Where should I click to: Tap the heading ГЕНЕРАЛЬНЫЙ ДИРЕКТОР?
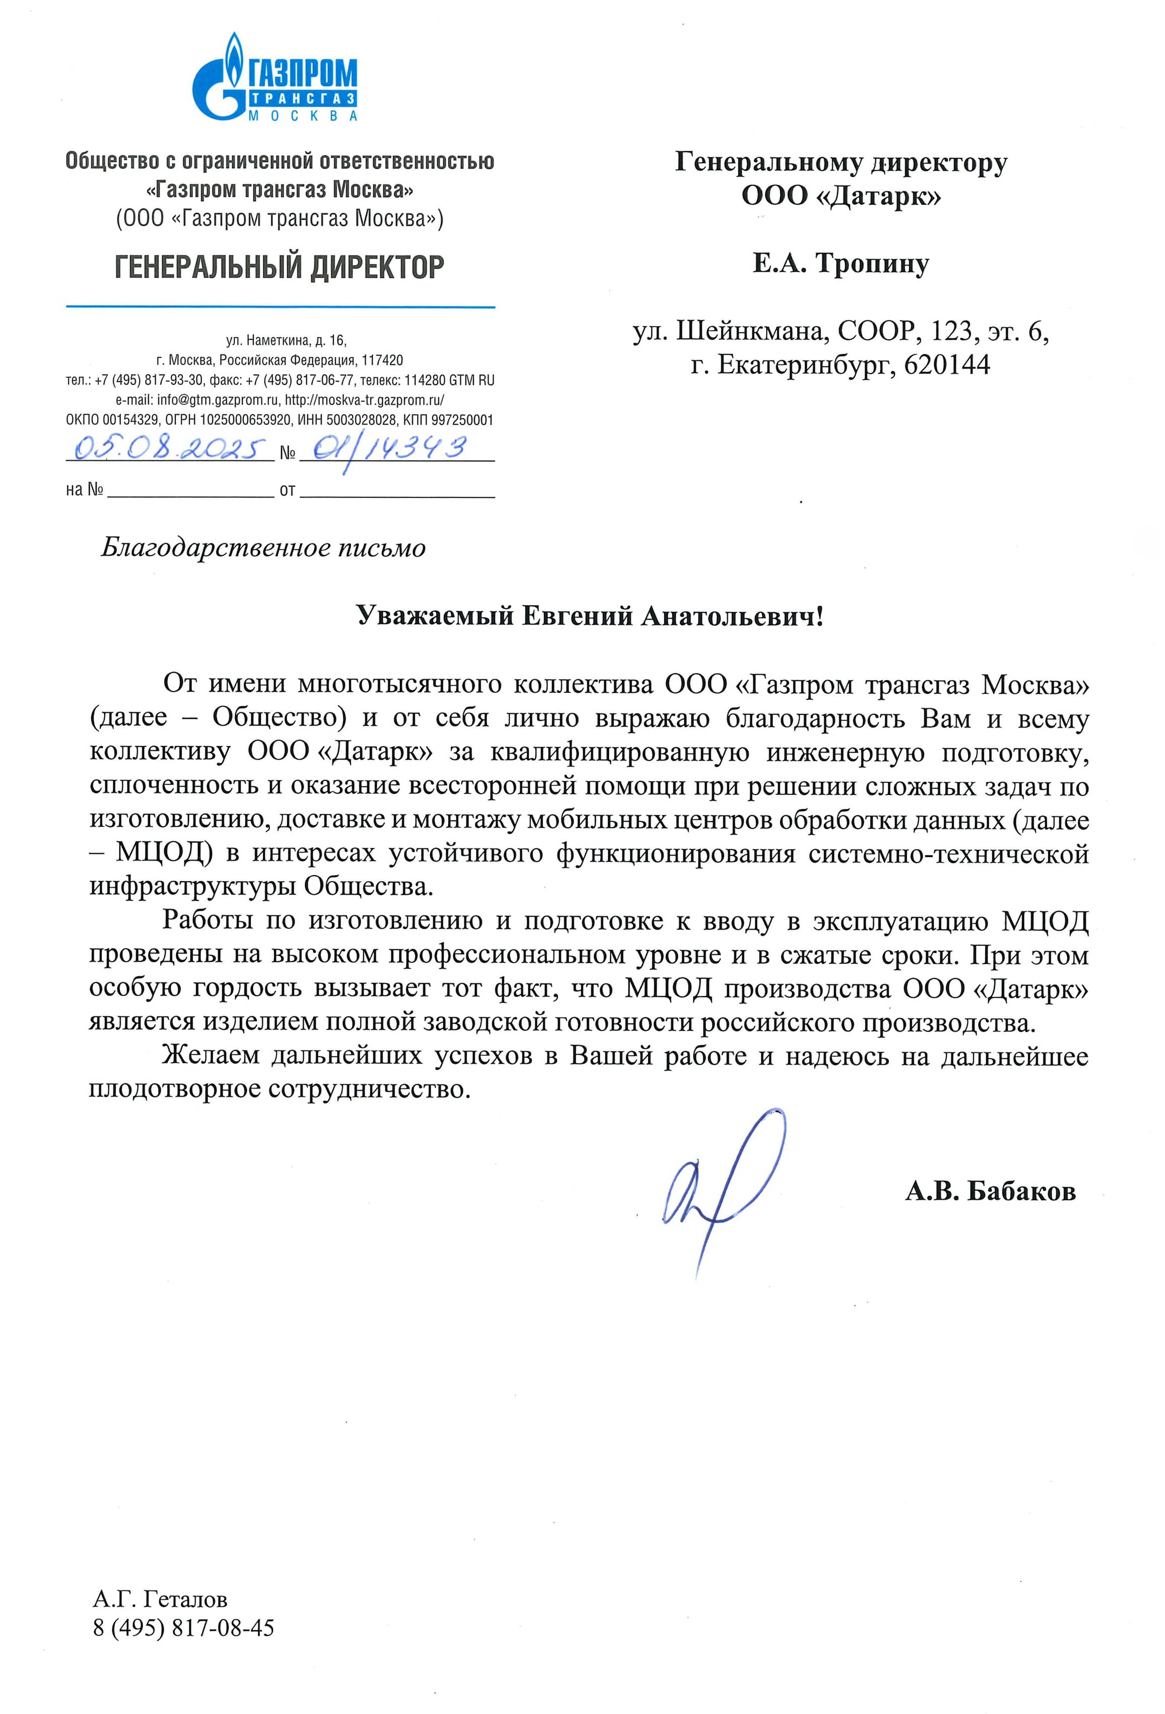tap(280, 267)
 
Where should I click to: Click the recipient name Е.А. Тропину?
tap(841, 263)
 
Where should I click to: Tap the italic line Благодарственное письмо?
tap(263, 548)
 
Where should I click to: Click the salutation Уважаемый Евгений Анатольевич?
tap(589, 616)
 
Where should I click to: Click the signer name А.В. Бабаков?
tap(990, 1191)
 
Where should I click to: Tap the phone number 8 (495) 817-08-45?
tap(184, 1628)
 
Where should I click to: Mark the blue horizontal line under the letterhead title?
tap(280, 306)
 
